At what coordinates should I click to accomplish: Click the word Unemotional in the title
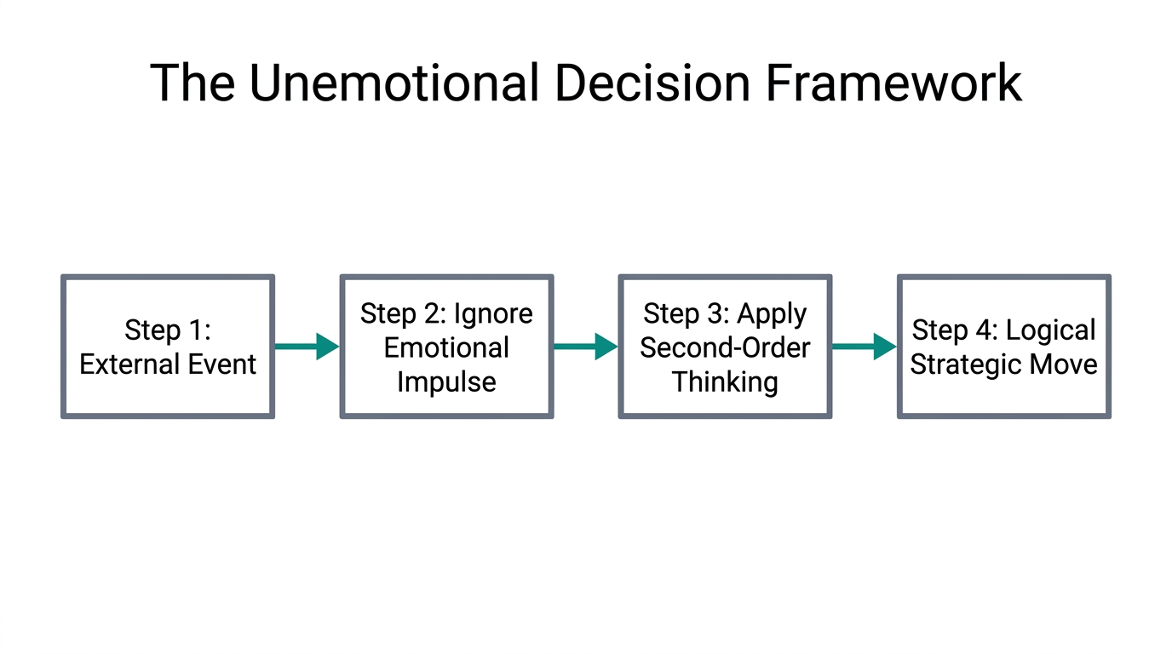pos(393,83)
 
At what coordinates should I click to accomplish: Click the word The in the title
pos(193,83)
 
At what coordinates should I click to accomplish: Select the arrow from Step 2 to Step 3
pos(585,347)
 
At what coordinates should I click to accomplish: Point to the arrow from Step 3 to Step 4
pos(864,347)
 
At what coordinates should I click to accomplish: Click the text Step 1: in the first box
pos(168,330)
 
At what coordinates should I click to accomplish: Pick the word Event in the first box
pos(219,364)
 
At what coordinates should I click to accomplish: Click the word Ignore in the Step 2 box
pos(493,313)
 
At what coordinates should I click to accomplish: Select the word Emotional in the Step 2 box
pos(446,347)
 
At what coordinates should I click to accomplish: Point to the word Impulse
pos(446,381)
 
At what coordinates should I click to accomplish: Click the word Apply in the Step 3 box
pos(772,314)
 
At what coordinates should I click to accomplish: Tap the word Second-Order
pos(725,347)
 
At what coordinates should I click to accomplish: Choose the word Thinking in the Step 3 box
pos(725,381)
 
